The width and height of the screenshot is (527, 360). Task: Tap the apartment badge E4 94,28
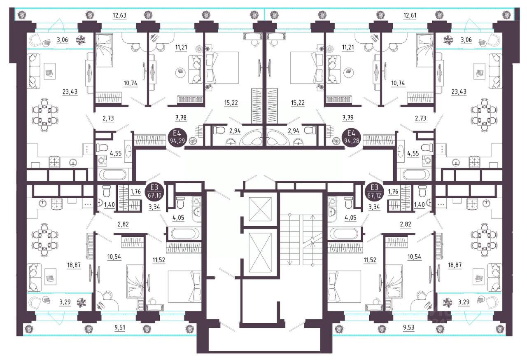(x=351, y=138)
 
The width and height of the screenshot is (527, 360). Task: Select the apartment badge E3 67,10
(x=154, y=191)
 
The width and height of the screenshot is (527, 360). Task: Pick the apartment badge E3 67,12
(x=374, y=191)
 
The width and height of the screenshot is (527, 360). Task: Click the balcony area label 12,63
(x=119, y=16)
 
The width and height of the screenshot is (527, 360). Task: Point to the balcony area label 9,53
(x=408, y=327)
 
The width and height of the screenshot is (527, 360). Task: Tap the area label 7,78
(x=181, y=117)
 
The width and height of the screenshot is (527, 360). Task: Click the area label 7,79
(x=348, y=117)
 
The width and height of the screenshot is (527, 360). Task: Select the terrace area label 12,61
(x=410, y=16)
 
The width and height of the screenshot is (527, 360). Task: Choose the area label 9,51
(x=120, y=327)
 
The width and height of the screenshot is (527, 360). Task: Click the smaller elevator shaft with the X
(x=260, y=209)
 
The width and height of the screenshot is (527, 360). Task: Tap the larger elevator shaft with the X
(x=260, y=253)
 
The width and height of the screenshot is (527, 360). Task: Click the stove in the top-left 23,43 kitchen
(x=55, y=162)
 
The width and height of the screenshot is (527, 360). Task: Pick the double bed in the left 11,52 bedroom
(x=184, y=286)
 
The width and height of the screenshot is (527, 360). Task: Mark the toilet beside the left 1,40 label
(x=106, y=191)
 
